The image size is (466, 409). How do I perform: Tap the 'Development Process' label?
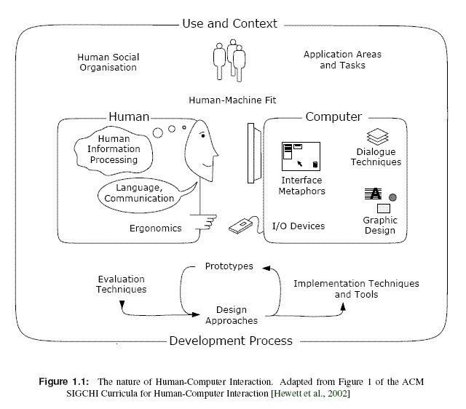(231, 340)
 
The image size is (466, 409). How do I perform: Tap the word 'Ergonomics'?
(156, 228)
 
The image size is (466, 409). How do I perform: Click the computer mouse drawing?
(241, 225)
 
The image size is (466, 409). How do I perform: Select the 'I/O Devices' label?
(299, 226)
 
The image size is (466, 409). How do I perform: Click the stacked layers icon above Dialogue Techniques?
(378, 137)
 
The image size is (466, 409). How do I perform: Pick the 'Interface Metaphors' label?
(301, 186)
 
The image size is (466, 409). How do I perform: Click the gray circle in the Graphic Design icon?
(392, 196)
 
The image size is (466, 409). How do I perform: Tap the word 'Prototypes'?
(229, 266)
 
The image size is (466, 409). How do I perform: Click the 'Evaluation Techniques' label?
(122, 284)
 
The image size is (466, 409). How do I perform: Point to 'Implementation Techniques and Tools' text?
(356, 288)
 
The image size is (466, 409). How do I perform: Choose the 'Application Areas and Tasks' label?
(342, 60)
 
